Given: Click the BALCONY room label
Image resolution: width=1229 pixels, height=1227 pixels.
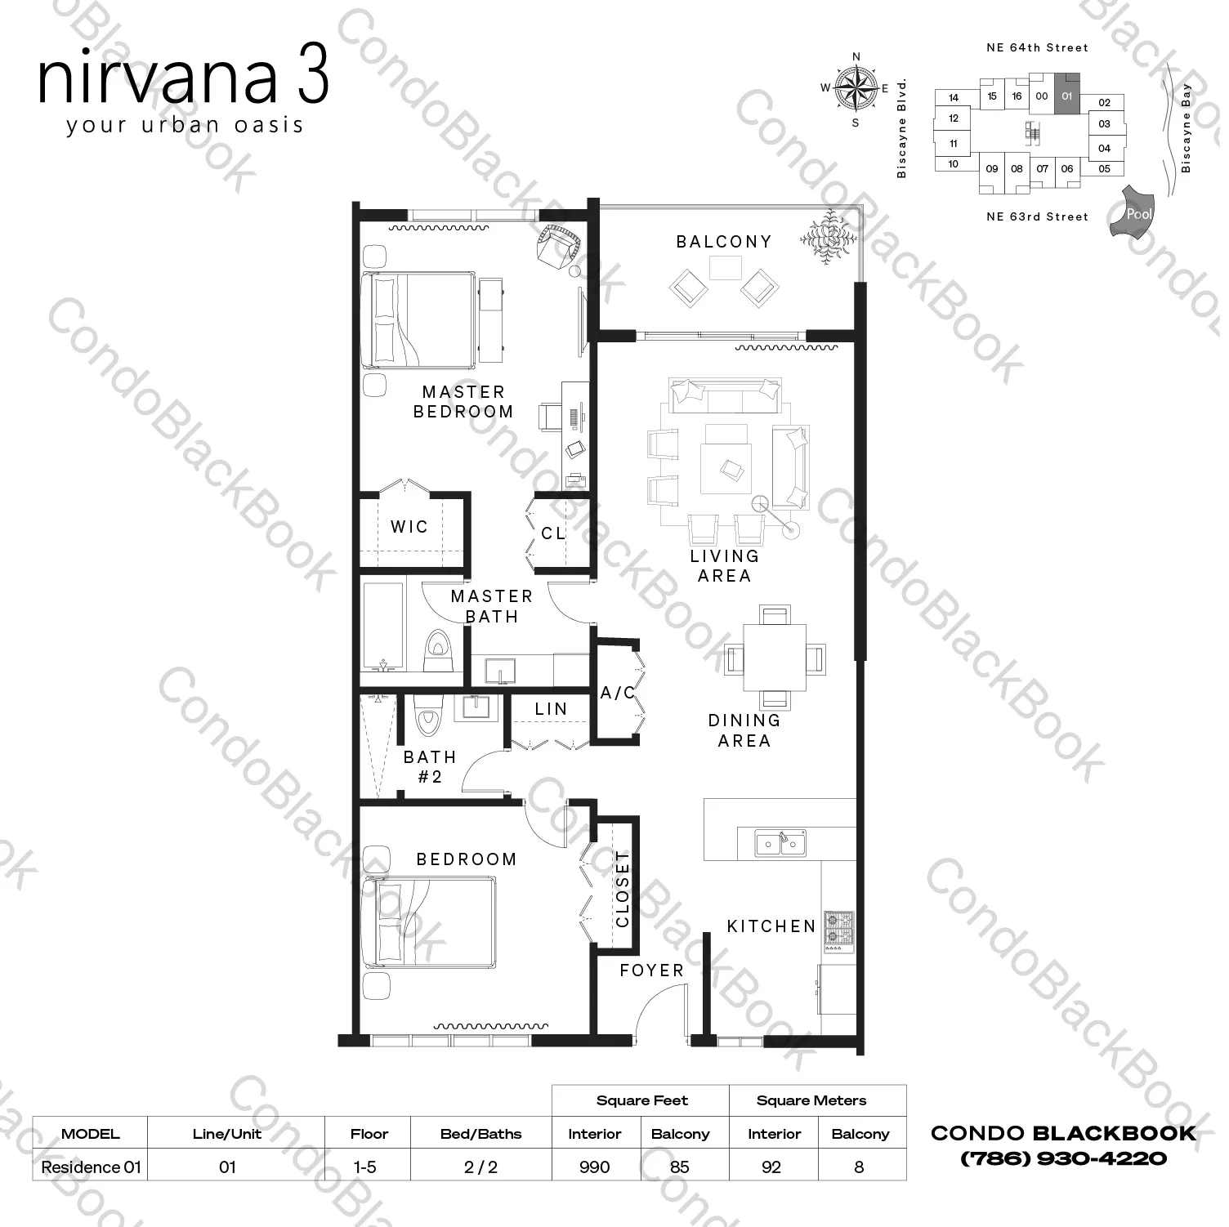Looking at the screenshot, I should click(724, 242).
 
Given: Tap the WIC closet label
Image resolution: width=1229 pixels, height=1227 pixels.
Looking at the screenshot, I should click(409, 527).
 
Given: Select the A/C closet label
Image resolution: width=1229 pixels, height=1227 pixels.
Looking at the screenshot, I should click(618, 693).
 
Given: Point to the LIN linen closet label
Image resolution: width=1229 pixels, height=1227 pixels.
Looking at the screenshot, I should click(551, 709).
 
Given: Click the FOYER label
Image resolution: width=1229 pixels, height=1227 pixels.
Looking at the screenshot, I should click(651, 970).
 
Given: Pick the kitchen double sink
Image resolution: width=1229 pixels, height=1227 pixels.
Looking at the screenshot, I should click(780, 843).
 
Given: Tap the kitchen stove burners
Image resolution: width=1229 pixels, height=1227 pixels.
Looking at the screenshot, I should click(838, 930).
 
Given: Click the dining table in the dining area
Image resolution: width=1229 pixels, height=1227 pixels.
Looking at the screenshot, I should click(774, 658).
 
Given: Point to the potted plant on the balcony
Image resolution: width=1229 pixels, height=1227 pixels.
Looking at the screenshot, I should click(829, 236).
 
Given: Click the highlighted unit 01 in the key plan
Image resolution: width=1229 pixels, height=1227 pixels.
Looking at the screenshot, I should click(1066, 96).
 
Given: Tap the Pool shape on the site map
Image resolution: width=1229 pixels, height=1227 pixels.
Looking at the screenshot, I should click(1133, 213).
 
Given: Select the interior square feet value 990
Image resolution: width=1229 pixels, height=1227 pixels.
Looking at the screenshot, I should click(594, 1167).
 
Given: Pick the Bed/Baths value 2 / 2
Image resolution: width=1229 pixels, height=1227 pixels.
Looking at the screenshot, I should click(480, 1167).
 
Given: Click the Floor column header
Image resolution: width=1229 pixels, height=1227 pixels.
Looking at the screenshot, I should click(369, 1134).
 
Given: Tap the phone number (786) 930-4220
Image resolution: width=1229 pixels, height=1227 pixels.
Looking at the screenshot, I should click(1063, 1158).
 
